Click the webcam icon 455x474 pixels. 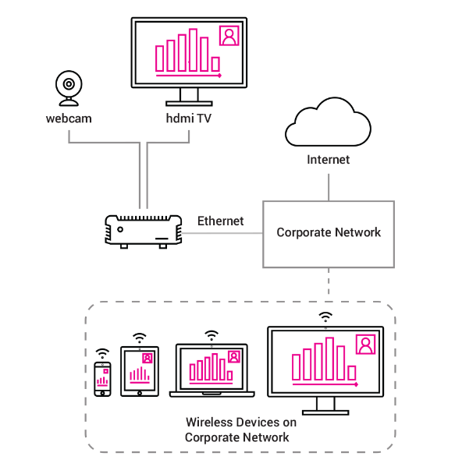click(x=69, y=88)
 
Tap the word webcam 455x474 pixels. click(x=69, y=118)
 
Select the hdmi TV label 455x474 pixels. click(x=188, y=118)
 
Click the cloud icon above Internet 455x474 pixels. click(x=329, y=122)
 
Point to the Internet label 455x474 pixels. click(x=329, y=160)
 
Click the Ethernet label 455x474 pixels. click(x=221, y=221)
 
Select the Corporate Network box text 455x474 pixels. click(x=329, y=232)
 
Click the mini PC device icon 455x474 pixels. click(x=144, y=232)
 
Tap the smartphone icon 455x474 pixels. click(x=102, y=379)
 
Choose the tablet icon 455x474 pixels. click(x=140, y=371)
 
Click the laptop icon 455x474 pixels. click(x=212, y=370)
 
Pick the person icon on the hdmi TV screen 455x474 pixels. click(x=229, y=36)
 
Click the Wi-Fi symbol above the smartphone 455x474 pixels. click(x=102, y=353)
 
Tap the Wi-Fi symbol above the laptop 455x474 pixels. click(x=212, y=335)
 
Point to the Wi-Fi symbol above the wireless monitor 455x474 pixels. click(x=325, y=317)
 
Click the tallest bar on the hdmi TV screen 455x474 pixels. click(x=193, y=50)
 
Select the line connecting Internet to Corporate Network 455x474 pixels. click(x=329, y=187)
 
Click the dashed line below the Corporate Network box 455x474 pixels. click(x=329, y=281)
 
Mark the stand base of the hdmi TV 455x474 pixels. click(x=189, y=104)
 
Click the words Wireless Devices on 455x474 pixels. click(x=241, y=423)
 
